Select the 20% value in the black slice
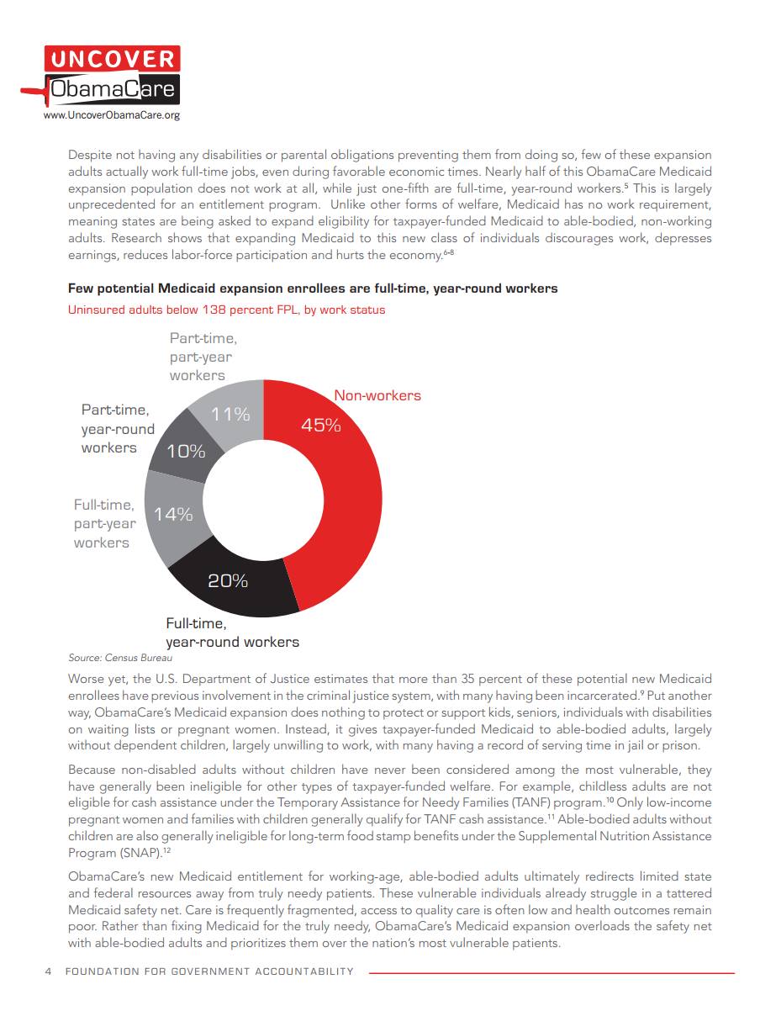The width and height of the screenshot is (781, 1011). (228, 580)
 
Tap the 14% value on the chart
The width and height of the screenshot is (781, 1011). (173, 514)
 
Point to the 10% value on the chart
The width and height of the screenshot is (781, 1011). (186, 451)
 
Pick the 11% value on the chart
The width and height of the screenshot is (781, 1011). (230, 414)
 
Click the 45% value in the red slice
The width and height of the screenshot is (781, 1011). (321, 425)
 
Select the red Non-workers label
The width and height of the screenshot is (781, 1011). (377, 395)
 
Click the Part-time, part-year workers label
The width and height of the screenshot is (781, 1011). (203, 357)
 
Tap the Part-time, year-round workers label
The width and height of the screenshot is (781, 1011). (118, 429)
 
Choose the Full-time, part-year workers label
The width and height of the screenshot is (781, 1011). (104, 524)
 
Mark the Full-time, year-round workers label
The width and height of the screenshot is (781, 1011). (232, 633)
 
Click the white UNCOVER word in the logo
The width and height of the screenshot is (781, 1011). (112, 60)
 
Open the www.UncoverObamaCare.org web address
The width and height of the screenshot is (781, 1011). (111, 115)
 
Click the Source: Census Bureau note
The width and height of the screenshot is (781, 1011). (120, 658)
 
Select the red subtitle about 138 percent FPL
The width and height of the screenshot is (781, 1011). (226, 310)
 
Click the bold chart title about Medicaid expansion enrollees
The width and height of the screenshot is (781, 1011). (313, 288)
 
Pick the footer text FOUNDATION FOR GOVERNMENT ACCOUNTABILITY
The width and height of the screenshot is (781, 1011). (209, 971)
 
